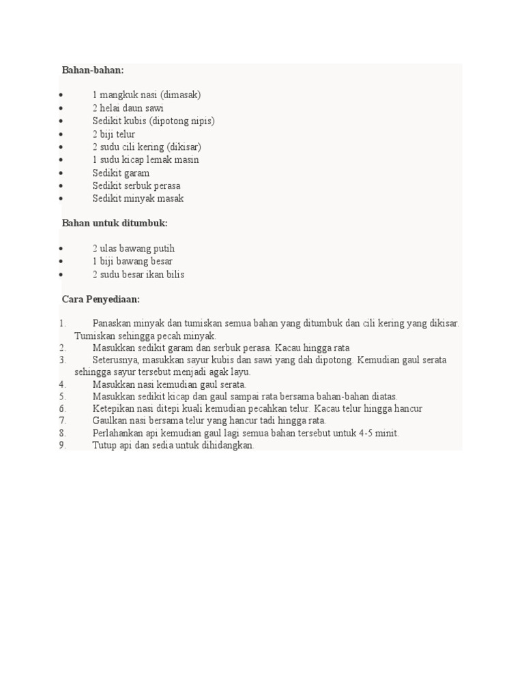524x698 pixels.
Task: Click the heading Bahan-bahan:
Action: [93, 70]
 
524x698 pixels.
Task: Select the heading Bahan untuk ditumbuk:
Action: [115, 223]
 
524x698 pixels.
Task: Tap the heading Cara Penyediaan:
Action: [101, 299]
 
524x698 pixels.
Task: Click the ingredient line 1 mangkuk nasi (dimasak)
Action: [147, 95]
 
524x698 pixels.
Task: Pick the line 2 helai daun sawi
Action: [128, 108]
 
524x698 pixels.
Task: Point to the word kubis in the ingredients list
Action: [134, 121]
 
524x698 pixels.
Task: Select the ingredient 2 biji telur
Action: [114, 134]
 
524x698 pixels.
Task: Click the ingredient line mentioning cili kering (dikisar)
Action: [147, 147]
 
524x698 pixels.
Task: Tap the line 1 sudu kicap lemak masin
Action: [146, 160]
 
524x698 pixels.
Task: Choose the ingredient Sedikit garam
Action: [121, 173]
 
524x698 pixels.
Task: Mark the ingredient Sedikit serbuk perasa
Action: [136, 185]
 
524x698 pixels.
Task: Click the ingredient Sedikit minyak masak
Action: [138, 198]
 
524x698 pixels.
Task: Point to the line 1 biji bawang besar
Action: [132, 261]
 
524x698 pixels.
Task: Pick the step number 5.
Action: [62, 396]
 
